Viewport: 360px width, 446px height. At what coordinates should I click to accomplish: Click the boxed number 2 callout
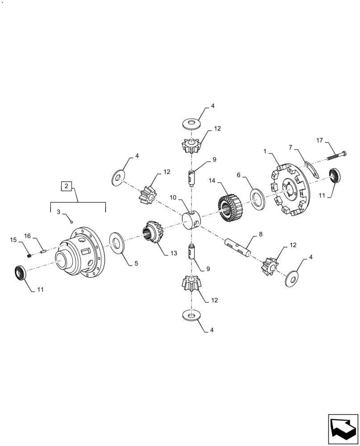(66, 186)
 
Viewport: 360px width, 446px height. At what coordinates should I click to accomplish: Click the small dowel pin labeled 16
(43, 252)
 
